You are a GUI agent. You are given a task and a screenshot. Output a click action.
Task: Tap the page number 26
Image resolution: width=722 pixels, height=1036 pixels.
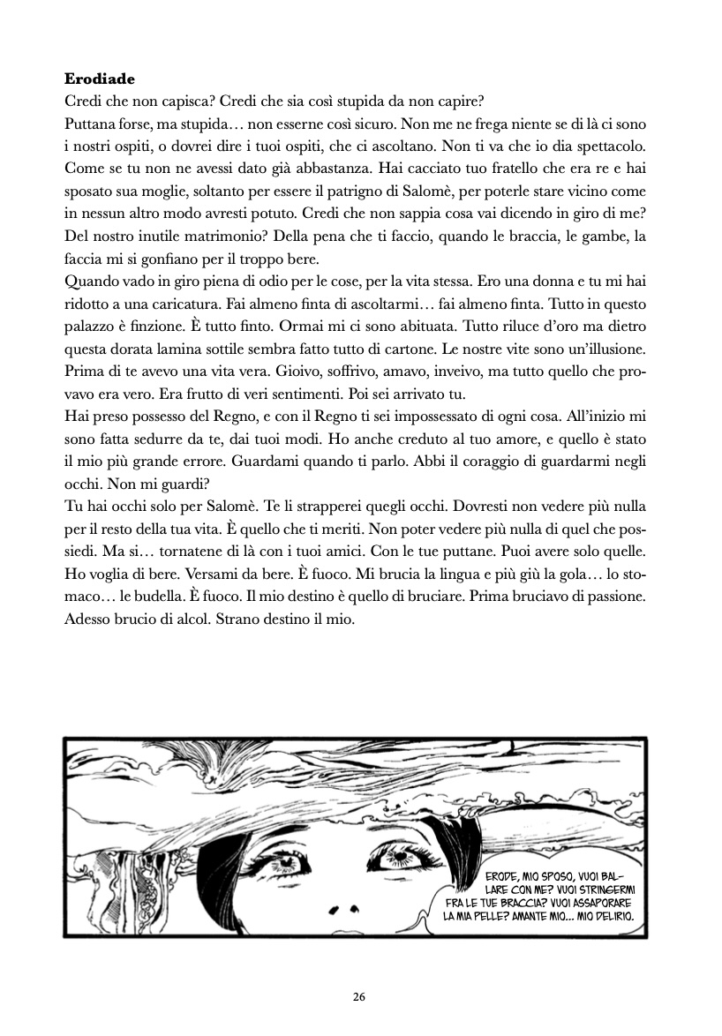click(358, 997)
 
